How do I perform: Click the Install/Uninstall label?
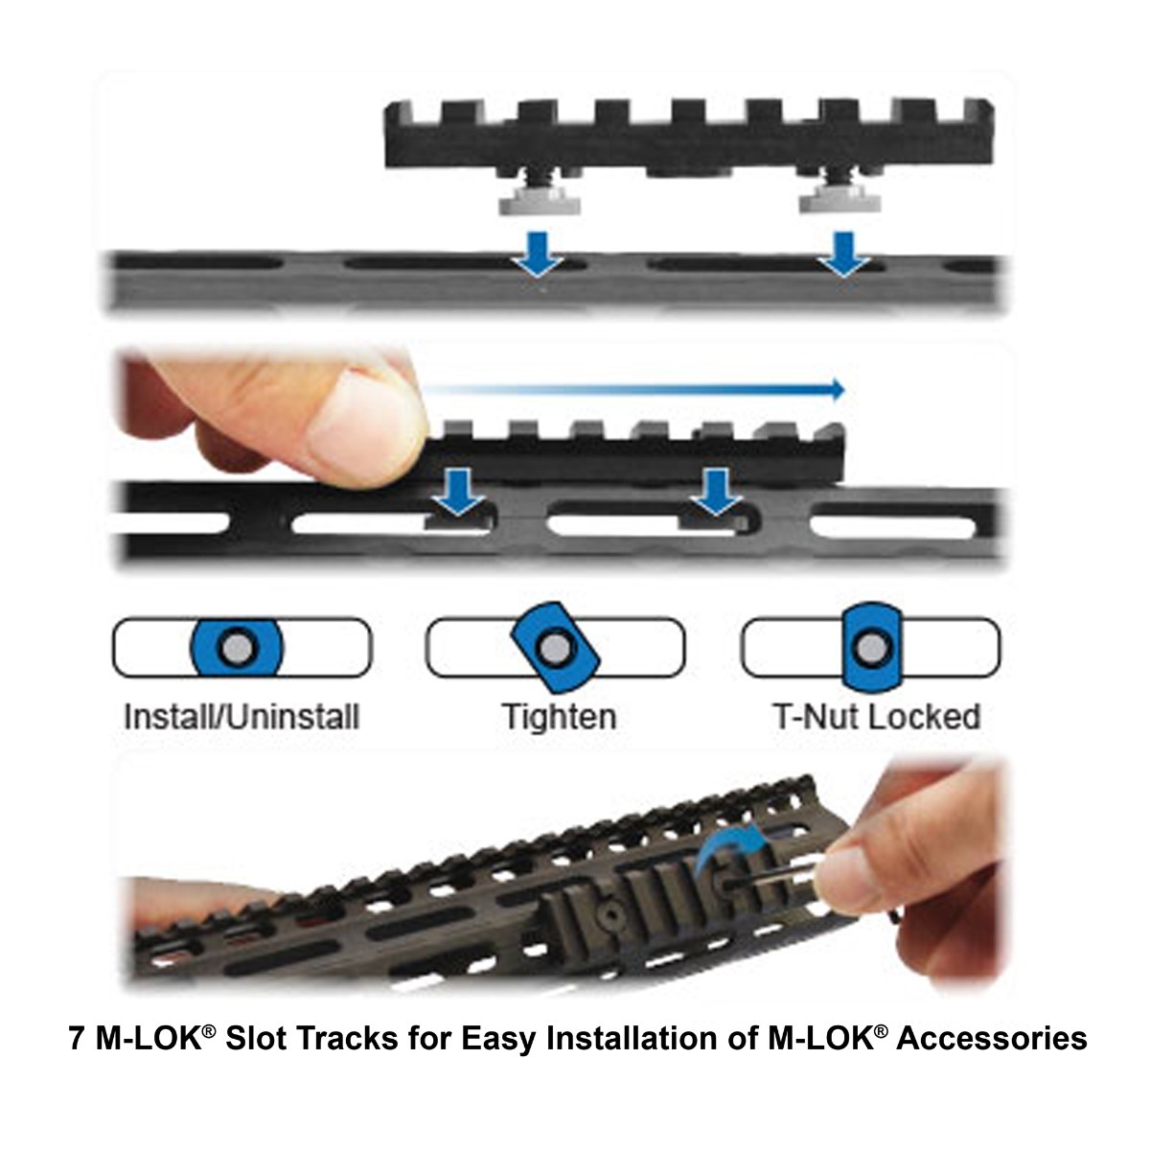point(241,717)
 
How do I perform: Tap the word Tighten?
point(559,717)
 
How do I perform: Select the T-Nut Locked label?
point(876,717)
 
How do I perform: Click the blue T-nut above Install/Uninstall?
point(235,648)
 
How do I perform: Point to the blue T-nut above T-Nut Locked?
point(869,648)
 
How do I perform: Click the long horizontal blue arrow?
point(632,389)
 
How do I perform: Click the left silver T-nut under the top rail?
point(523,200)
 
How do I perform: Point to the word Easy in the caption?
point(498,1039)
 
